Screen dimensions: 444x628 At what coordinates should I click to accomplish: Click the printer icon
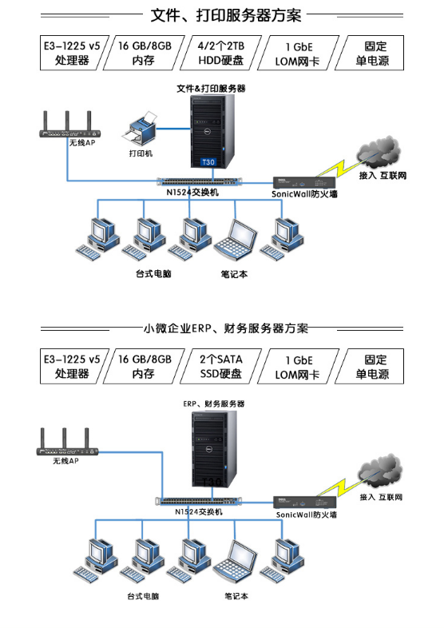pyautogui.click(x=139, y=128)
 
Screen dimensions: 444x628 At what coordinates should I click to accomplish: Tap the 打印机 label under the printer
pyautogui.click(x=141, y=153)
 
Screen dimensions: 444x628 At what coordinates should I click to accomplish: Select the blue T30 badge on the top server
pyautogui.click(x=208, y=162)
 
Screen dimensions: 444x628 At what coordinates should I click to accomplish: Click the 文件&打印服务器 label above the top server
pyautogui.click(x=211, y=89)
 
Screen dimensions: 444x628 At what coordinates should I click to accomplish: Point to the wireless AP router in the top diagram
pyautogui.click(x=69, y=125)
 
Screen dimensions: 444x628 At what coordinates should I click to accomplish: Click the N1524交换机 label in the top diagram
pyautogui.click(x=192, y=193)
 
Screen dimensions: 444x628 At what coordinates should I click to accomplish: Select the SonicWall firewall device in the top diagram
pyautogui.click(x=304, y=183)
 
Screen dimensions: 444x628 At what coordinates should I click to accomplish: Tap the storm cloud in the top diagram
pyautogui.click(x=378, y=152)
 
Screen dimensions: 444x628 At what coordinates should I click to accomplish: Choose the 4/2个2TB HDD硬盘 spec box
pyautogui.click(x=221, y=53)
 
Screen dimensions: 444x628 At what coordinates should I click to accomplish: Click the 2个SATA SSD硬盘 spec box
pyautogui.click(x=221, y=367)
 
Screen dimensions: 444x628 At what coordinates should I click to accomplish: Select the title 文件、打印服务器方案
pyautogui.click(x=226, y=16)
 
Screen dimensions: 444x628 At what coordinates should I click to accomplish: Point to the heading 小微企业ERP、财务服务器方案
pyautogui.click(x=226, y=328)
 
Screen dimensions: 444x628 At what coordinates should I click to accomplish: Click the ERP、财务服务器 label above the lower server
pyautogui.click(x=214, y=403)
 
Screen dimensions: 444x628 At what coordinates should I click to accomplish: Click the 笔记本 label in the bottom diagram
pyautogui.click(x=236, y=596)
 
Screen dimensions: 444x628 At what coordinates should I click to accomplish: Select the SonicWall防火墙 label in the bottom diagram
pyautogui.click(x=307, y=515)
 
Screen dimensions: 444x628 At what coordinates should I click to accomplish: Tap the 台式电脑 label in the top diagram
pyautogui.click(x=154, y=274)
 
